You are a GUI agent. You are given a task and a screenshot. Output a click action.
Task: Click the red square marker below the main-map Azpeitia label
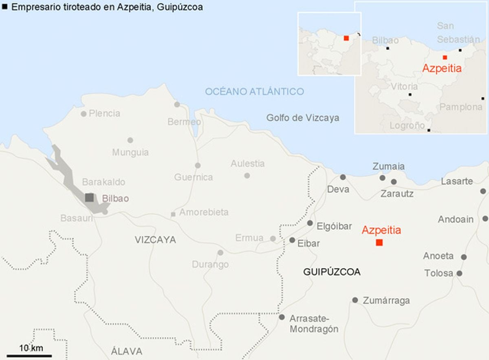[379, 243]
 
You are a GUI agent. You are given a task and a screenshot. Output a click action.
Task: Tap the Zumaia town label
[389, 166]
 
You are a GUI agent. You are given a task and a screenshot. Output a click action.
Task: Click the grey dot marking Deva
[343, 177]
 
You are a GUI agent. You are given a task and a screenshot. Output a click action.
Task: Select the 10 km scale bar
[29, 356]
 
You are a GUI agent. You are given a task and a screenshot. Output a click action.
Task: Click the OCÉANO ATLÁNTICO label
[254, 91]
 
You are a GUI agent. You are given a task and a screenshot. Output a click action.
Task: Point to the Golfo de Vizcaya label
[303, 118]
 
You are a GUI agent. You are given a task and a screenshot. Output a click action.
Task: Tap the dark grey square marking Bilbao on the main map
[89, 198]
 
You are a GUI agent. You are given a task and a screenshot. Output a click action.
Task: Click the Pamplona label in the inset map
[461, 107]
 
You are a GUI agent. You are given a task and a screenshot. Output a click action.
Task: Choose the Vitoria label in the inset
[404, 86]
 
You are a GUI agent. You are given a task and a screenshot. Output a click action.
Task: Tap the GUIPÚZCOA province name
[332, 272]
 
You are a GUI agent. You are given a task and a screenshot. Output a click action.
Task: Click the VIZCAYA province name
[155, 240]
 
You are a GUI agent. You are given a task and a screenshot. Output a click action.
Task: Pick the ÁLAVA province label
[127, 351]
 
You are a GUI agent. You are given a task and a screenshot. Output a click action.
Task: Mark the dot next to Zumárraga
[355, 300]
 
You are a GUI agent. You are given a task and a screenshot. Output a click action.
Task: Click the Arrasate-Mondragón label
[314, 324]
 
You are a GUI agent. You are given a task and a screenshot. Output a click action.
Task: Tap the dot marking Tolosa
[460, 273]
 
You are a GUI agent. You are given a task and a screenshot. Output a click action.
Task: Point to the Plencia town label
[104, 113]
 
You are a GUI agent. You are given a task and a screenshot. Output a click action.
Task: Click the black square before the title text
[4, 7]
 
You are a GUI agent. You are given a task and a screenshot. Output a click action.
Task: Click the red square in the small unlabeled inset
[346, 38]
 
